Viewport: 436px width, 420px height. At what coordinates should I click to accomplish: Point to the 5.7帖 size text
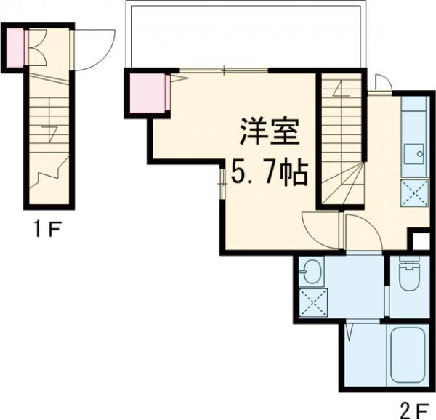point(269,173)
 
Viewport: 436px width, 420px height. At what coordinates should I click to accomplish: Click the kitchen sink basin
point(418,154)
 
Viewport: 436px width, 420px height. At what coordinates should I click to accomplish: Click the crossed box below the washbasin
point(313,304)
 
